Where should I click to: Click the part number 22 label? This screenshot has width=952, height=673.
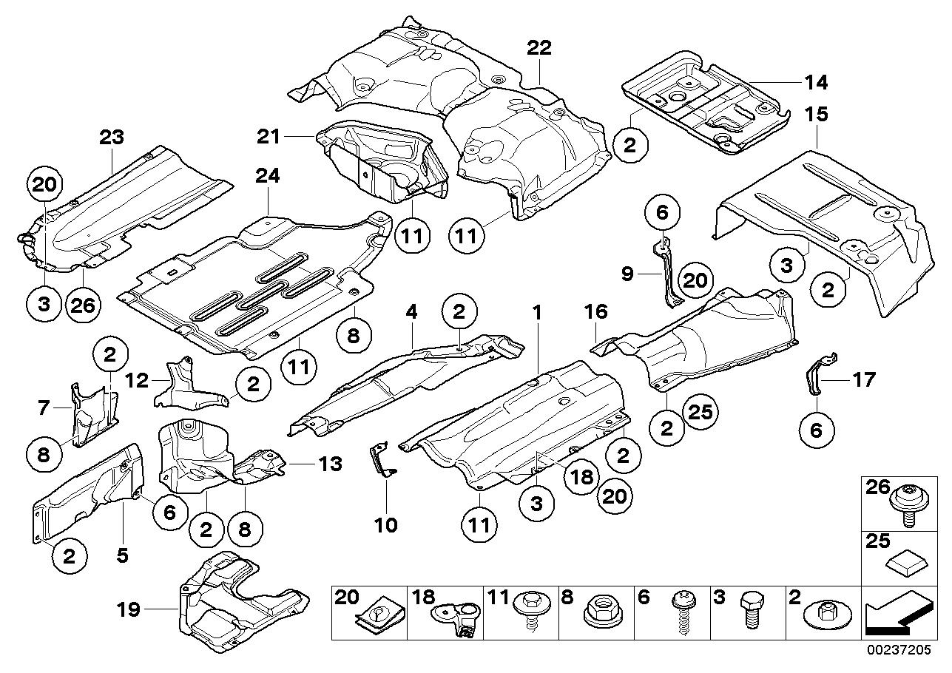[x=539, y=48]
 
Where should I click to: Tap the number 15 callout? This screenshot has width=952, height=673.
[x=817, y=115]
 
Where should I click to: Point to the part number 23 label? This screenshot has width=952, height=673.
[x=112, y=137]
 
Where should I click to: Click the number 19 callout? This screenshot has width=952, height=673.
[x=129, y=610]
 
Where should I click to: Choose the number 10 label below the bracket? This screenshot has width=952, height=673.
[x=386, y=525]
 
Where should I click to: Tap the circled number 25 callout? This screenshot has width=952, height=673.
[x=701, y=412]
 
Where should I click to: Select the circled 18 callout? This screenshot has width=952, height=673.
[x=581, y=476]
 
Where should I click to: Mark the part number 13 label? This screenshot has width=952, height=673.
[x=330, y=464]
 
